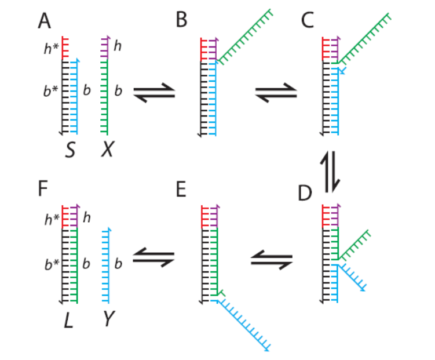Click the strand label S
pyautogui.click(x=71, y=151)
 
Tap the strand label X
pyautogui.click(x=107, y=151)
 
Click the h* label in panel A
pyautogui.click(x=51, y=49)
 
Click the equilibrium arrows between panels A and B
pyautogui.click(x=153, y=92)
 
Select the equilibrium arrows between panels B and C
pyautogui.click(x=276, y=92)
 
